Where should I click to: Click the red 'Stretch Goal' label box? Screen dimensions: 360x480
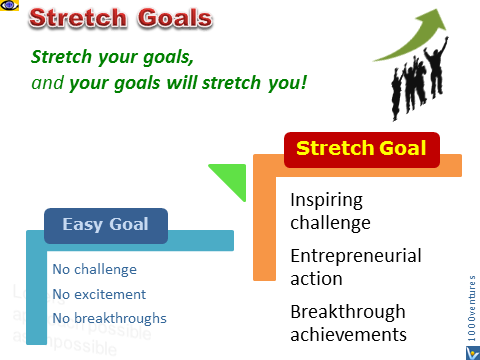point(361,150)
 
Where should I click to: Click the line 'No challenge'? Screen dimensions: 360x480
point(94,269)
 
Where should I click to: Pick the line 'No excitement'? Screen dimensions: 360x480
point(98,294)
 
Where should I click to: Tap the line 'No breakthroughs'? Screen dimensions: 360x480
point(109,319)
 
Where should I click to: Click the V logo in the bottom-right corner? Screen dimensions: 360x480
point(470,346)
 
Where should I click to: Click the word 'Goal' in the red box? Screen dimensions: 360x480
point(402,150)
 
